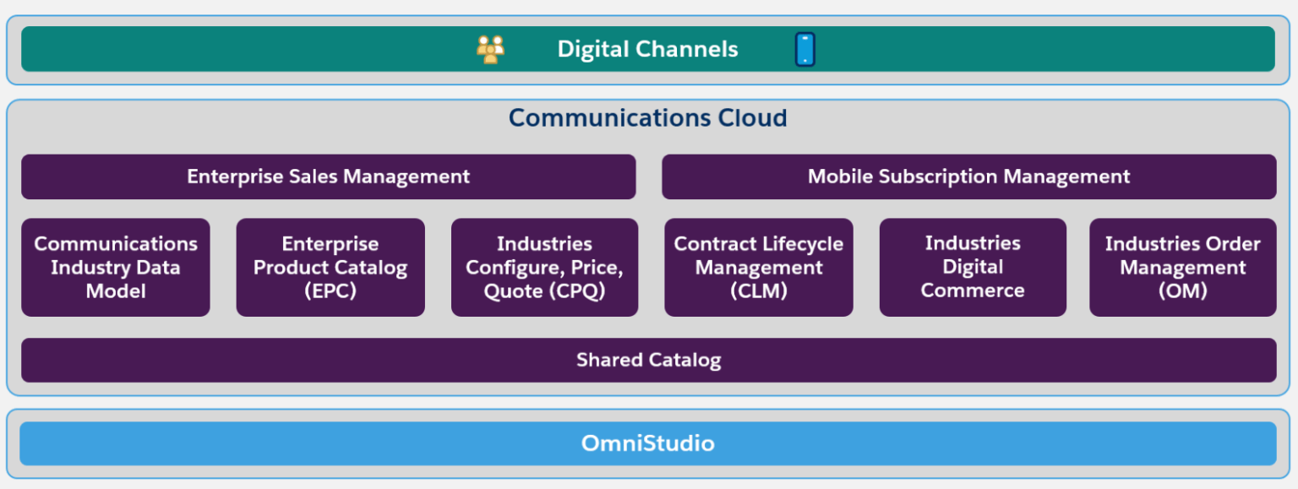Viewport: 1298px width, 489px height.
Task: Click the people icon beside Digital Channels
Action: point(490,49)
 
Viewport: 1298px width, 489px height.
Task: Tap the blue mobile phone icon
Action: point(804,49)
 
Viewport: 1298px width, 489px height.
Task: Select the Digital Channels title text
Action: point(647,49)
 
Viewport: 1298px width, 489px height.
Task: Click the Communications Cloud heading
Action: point(648,117)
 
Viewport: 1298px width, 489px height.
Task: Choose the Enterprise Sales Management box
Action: point(328,177)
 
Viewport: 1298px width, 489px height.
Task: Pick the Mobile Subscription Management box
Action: point(968,177)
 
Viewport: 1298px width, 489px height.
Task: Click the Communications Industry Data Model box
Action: point(116,267)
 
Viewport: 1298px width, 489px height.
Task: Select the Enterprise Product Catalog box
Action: point(330,267)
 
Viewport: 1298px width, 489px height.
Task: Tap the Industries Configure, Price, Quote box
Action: point(544,267)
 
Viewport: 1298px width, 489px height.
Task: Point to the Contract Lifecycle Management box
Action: point(759,267)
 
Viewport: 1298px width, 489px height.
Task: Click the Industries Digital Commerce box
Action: point(973,267)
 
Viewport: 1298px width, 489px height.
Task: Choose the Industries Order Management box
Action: point(1182,267)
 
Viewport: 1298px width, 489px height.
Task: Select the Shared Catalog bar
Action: point(648,360)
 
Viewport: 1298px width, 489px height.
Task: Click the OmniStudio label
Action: point(648,443)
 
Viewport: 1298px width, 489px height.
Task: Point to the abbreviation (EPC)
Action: point(330,291)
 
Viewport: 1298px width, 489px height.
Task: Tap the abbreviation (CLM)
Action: point(759,291)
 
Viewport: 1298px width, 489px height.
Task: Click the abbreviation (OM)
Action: point(1182,291)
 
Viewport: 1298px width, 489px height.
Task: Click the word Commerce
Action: point(973,291)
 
